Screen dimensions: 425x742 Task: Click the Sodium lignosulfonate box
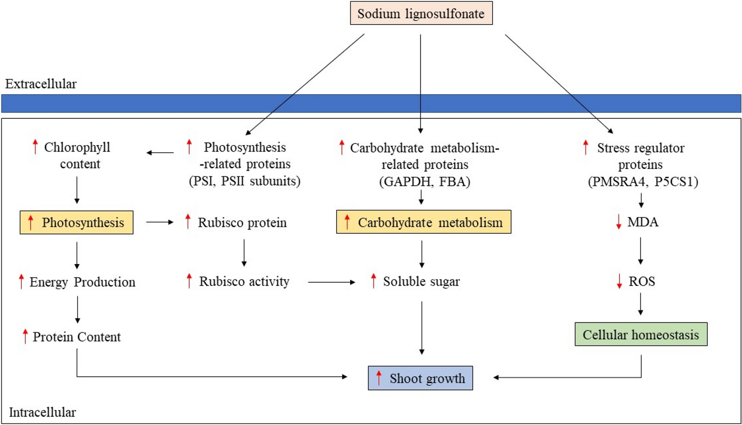click(x=421, y=13)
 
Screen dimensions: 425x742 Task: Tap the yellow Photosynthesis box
click(x=76, y=222)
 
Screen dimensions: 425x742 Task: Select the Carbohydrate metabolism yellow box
click(x=424, y=222)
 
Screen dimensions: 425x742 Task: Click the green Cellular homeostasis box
click(x=640, y=335)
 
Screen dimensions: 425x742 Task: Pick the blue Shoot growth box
click(x=420, y=378)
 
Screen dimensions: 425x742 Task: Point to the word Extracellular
click(x=41, y=84)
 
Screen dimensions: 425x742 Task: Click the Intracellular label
click(x=42, y=412)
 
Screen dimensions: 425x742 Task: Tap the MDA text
click(x=642, y=222)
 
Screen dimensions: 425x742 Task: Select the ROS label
click(x=641, y=281)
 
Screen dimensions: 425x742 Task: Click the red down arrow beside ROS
click(x=619, y=281)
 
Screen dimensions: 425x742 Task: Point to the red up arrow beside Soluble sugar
click(x=373, y=281)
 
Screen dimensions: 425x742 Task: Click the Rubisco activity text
click(x=244, y=281)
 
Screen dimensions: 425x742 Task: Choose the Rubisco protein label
click(x=242, y=222)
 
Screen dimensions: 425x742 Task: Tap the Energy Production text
click(x=82, y=282)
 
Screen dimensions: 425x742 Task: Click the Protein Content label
click(x=76, y=337)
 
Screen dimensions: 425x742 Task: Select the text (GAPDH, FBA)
click(x=424, y=181)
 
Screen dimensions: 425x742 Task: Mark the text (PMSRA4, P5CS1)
click(x=642, y=181)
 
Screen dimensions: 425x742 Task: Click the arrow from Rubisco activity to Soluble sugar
click(x=331, y=282)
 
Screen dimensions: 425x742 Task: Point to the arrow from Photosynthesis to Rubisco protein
click(x=159, y=222)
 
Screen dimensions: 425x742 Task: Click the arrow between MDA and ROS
click(x=640, y=251)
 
